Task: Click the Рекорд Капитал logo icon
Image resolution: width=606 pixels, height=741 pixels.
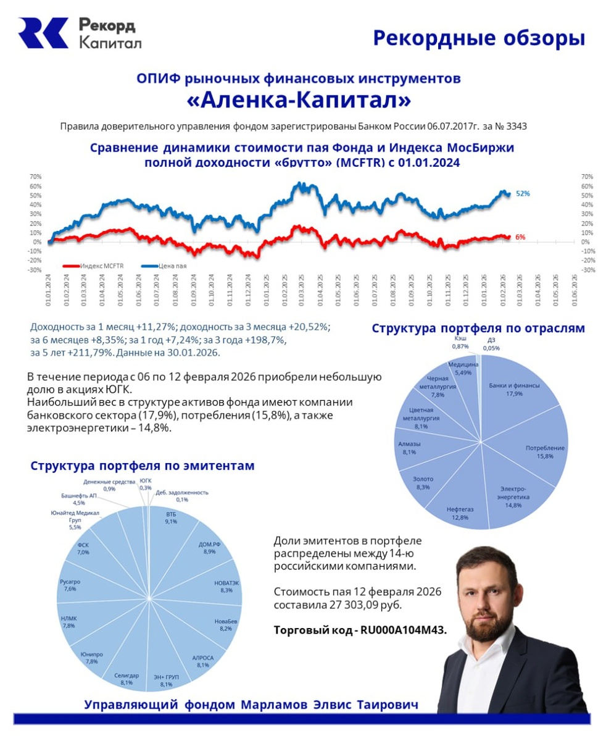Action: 43,33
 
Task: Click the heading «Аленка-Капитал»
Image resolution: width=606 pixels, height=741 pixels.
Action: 298,99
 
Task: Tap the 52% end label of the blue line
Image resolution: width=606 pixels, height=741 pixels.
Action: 523,193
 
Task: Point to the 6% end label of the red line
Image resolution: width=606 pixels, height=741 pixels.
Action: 520,237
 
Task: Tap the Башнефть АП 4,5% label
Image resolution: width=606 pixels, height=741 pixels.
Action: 79,499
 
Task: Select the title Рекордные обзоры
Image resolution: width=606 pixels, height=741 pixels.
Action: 479,38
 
